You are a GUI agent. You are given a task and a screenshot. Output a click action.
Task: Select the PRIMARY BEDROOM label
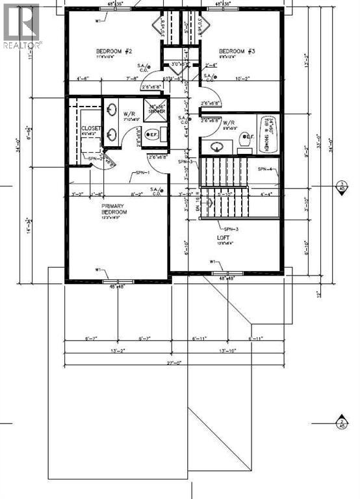[113, 209]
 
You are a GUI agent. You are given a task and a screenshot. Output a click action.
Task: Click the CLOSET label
[91, 129]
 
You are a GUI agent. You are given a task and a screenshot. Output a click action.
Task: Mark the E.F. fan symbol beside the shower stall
[152, 135]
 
